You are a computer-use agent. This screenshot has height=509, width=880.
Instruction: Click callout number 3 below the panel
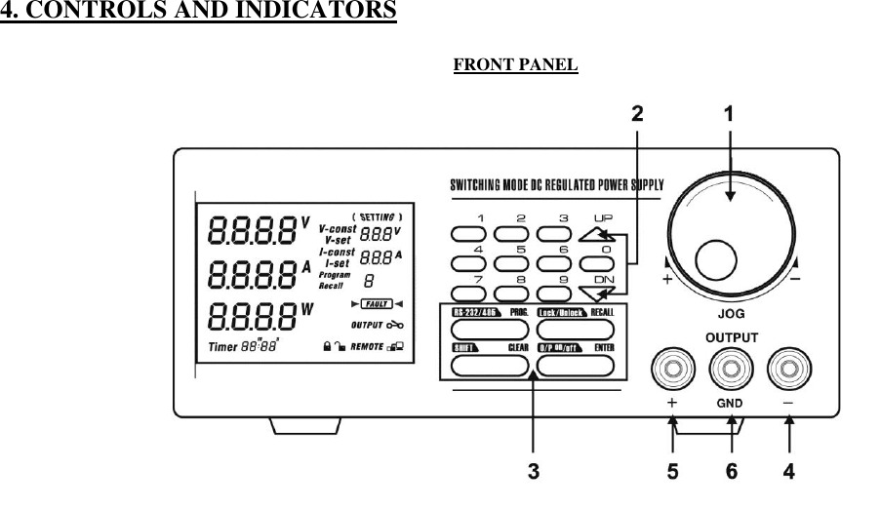click(x=533, y=472)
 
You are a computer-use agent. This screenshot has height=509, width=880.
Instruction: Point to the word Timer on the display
click(x=226, y=346)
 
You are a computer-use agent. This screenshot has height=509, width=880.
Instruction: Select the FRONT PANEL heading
click(x=516, y=65)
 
